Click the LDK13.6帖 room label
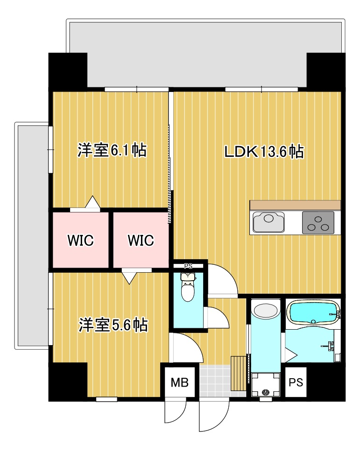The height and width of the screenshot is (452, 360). tap(264, 152)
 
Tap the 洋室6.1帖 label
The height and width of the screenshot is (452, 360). tap(112, 150)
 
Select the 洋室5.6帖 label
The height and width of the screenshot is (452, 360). tap(113, 325)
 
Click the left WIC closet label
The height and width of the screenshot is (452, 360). tap(80, 240)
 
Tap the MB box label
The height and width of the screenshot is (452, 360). tap(179, 383)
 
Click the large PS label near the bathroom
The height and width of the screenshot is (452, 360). tap(296, 383)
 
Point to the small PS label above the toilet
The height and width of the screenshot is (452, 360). tap(188, 266)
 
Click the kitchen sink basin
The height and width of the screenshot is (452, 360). tap(268, 222)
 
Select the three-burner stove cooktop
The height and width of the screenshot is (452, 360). tap(318, 222)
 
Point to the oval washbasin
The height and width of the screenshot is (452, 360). tap(266, 311)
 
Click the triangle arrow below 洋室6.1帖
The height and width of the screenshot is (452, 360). tap(93, 203)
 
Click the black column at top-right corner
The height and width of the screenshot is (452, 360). tap(325, 70)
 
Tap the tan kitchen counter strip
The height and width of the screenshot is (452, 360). tap(295, 205)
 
